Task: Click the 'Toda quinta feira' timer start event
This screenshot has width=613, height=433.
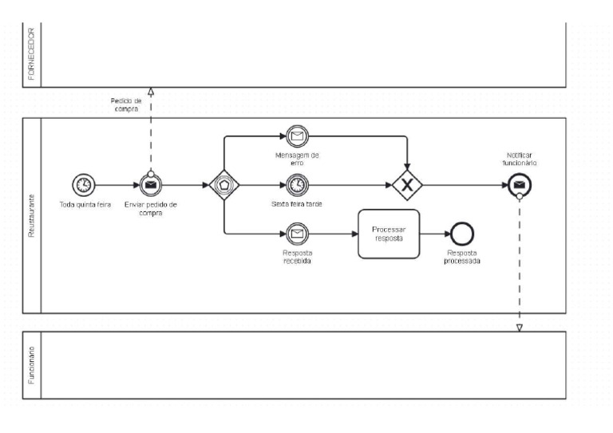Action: tap(82, 185)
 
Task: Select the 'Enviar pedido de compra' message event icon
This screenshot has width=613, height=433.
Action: tap(150, 186)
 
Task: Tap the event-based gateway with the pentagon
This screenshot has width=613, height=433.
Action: tap(224, 185)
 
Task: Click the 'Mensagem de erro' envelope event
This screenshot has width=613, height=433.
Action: tap(297, 136)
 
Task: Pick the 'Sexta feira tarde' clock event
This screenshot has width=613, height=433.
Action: tap(297, 185)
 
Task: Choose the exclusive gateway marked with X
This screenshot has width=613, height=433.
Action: tap(407, 185)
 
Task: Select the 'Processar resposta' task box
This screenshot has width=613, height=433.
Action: tap(389, 234)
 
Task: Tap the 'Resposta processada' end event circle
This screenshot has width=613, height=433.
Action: tap(462, 234)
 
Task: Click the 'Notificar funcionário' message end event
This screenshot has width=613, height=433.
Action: tap(519, 186)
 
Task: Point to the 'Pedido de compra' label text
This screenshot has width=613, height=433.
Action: tap(126, 105)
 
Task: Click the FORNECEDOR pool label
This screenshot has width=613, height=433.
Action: tap(31, 53)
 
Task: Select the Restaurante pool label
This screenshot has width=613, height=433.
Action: tap(31, 215)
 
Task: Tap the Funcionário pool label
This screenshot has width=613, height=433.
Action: tap(31, 365)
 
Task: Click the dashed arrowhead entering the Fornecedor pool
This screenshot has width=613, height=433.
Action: tap(150, 92)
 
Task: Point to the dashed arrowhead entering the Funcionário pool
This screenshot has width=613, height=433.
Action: tap(519, 327)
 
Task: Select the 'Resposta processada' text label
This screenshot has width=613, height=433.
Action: tap(462, 256)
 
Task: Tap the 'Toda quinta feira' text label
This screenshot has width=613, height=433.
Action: tap(85, 204)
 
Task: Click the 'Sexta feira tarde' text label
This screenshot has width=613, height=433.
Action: tap(297, 204)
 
